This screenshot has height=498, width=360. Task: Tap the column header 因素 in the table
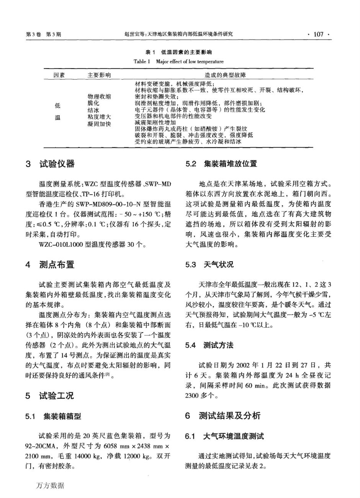[59, 75]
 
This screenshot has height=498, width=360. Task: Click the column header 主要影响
[99, 75]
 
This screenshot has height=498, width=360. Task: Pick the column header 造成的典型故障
[226, 75]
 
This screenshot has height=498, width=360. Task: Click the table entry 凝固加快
[99, 124]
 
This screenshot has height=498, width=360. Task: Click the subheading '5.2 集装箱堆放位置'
[221, 164]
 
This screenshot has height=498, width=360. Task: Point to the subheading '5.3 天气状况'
[209, 264]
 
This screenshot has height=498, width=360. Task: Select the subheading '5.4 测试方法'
[209, 345]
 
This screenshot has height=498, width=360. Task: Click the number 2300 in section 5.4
[191, 396]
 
